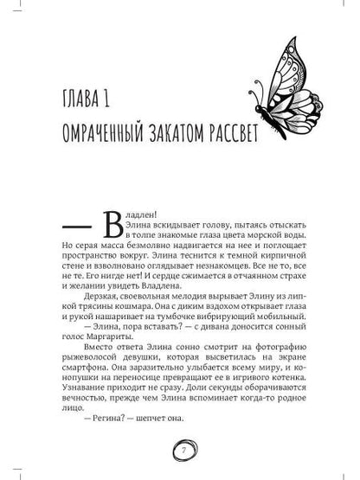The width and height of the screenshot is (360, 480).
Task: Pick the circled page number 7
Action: coord(180,451)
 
